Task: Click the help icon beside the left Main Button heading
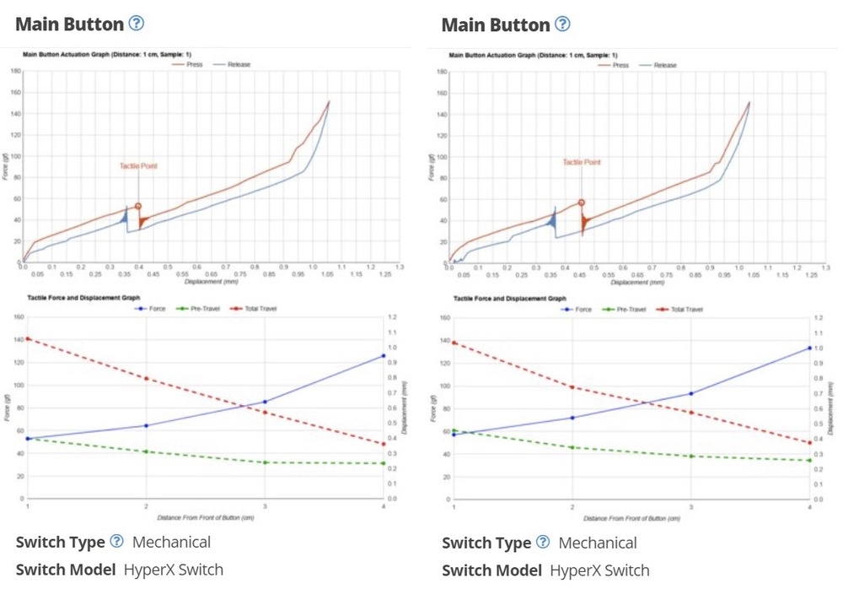pyautogui.click(x=137, y=24)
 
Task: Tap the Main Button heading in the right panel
pyautogui.click(x=495, y=24)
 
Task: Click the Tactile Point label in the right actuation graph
pyautogui.click(x=582, y=162)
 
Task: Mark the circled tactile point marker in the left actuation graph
pyautogui.click(x=138, y=206)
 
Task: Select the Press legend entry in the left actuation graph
pyautogui.click(x=191, y=64)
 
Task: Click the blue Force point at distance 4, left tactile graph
pyautogui.click(x=384, y=356)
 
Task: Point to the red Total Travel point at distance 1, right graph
pyautogui.click(x=454, y=343)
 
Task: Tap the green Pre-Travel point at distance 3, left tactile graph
pyautogui.click(x=265, y=462)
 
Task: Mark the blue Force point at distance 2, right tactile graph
pyautogui.click(x=572, y=418)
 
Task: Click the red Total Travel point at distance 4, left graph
pyautogui.click(x=384, y=444)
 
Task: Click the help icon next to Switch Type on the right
pyautogui.click(x=543, y=542)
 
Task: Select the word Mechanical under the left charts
pyautogui.click(x=171, y=542)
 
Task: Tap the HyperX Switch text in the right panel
pyautogui.click(x=599, y=570)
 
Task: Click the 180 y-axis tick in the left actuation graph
pyautogui.click(x=15, y=71)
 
